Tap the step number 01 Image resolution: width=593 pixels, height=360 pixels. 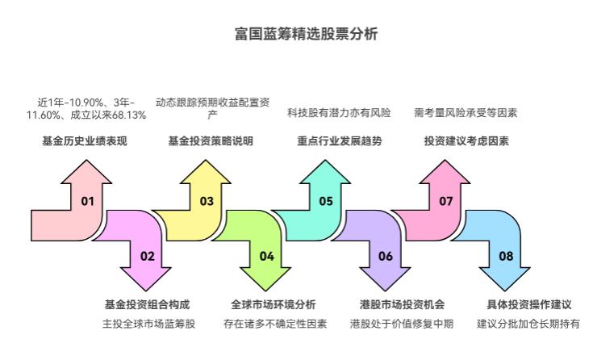(x=88, y=201)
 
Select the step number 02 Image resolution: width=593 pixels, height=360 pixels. (x=147, y=256)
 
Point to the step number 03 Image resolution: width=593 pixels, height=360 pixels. (x=207, y=201)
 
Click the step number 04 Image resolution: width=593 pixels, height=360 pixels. (x=266, y=256)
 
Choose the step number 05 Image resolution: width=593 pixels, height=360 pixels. (x=326, y=201)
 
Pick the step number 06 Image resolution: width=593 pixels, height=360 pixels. (x=386, y=256)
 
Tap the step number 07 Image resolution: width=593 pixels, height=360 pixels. (x=445, y=201)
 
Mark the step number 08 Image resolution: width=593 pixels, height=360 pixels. (x=506, y=256)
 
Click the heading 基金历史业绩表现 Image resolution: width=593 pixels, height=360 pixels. (x=85, y=141)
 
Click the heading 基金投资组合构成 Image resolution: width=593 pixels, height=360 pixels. (x=147, y=305)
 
